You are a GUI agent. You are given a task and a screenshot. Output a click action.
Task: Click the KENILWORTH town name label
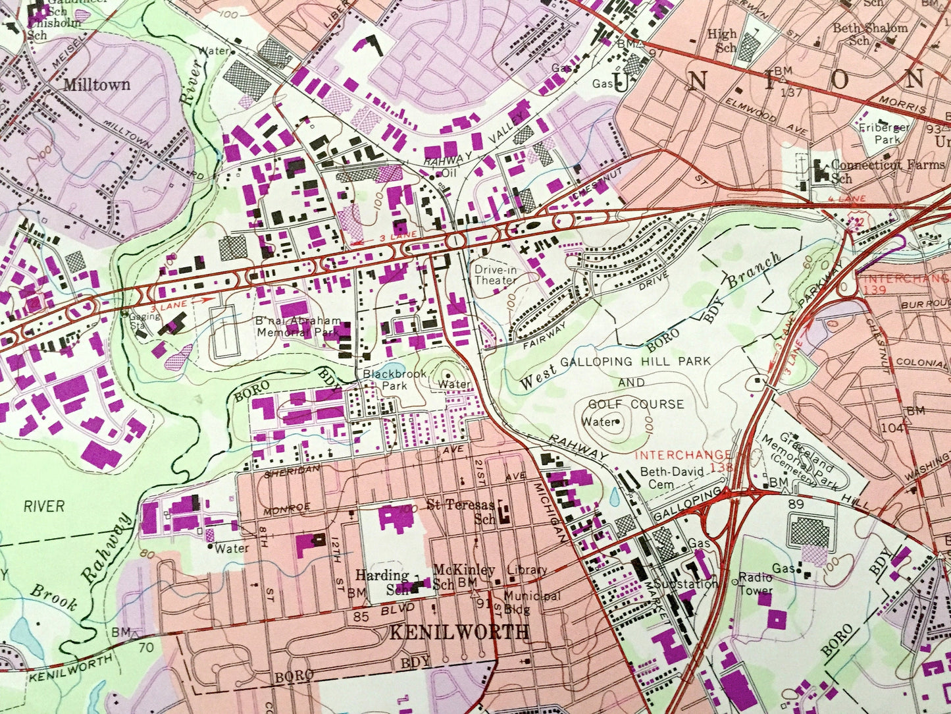pos(459,632)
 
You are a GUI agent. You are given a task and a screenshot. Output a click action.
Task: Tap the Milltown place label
pos(97,85)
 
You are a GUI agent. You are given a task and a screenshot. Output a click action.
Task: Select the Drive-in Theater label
pos(495,275)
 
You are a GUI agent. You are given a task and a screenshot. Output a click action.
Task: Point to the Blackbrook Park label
pos(386,379)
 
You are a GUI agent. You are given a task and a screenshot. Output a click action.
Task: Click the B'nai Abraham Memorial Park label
pos(299,327)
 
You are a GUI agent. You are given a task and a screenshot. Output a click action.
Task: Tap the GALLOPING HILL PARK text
pos(635,362)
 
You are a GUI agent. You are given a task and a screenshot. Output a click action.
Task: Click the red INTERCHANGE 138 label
pos(684,459)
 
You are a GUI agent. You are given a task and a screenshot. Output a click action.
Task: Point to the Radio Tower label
pos(756,584)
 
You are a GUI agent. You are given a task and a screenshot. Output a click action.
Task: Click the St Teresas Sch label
pos(461,510)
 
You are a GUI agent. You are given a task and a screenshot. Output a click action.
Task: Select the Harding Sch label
pos(384,581)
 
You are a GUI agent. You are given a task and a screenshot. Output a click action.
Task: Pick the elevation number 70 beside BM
pos(145,647)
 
